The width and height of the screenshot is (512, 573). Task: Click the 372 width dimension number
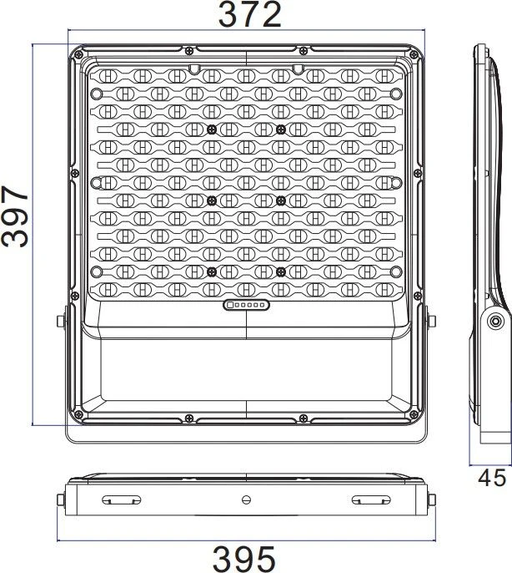click(250, 14)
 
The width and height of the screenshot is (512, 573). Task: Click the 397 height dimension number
click(15, 216)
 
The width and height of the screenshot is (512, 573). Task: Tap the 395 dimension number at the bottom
click(244, 559)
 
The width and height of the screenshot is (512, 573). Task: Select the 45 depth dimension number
click(492, 478)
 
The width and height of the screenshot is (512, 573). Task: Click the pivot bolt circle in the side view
click(495, 322)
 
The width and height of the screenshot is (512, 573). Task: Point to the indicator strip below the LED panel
click(246, 305)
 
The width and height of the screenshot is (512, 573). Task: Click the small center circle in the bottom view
click(247, 499)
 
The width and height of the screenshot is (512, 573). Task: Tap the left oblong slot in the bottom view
click(121, 499)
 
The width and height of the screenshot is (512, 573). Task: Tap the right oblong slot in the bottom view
click(371, 499)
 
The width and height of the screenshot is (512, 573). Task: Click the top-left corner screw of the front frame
click(78, 55)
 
